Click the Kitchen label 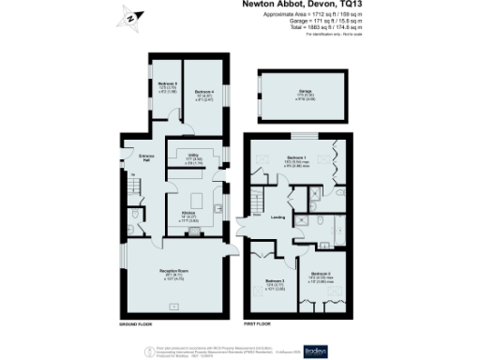click(x=188, y=218)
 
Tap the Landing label click(x=277, y=217)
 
